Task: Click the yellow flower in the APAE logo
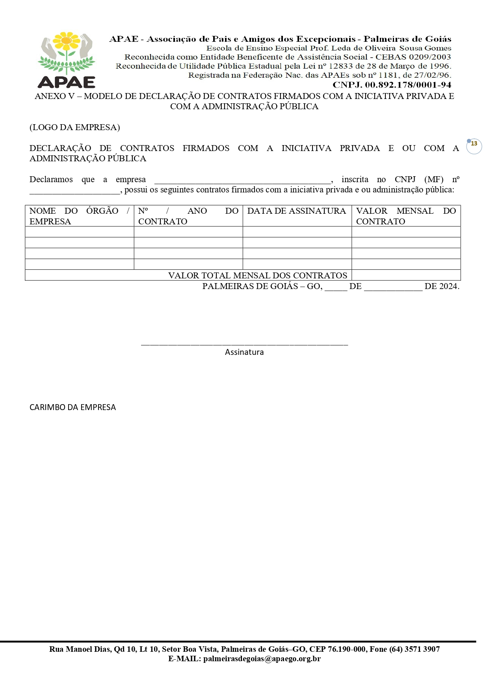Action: point(67,41)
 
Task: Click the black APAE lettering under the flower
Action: point(67,82)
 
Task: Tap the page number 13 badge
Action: point(474,144)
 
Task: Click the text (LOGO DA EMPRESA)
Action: point(74,127)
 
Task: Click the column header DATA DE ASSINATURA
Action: point(296,211)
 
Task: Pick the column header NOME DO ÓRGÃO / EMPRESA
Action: point(79,216)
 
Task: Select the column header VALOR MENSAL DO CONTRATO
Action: point(406,216)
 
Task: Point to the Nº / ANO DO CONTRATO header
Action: point(188,216)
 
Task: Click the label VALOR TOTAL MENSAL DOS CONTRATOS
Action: point(258,275)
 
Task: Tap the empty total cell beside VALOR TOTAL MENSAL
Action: point(406,275)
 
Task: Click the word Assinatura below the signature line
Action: point(244,352)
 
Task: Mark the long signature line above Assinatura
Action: point(244,345)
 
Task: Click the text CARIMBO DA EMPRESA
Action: point(73,407)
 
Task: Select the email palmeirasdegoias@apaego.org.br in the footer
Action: point(262,658)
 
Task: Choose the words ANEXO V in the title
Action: point(54,96)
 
